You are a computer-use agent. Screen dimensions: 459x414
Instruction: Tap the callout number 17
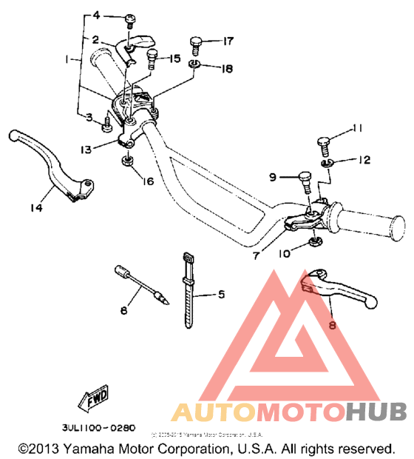tap(228, 40)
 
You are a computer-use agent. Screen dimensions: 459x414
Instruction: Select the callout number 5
tap(220, 293)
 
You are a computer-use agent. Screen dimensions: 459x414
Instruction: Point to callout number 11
tap(357, 129)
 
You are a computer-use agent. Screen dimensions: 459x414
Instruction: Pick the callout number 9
tap(272, 177)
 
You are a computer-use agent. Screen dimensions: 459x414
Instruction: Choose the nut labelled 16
tap(126, 161)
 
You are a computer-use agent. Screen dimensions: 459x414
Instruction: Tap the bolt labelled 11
tap(326, 141)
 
